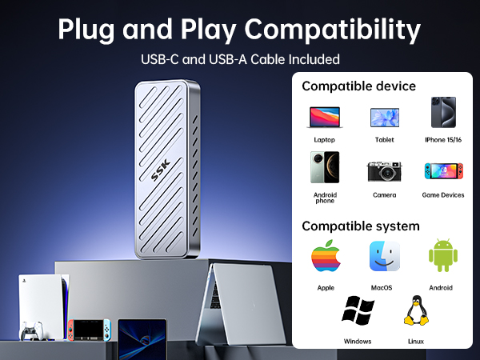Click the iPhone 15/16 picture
tap(443, 114)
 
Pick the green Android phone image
tap(325, 168)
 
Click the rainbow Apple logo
tap(326, 257)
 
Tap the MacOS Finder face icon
tap(384, 257)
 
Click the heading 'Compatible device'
tap(358, 86)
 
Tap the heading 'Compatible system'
tap(360, 226)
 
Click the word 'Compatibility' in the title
tap(332, 30)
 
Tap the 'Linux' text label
tap(415, 341)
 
